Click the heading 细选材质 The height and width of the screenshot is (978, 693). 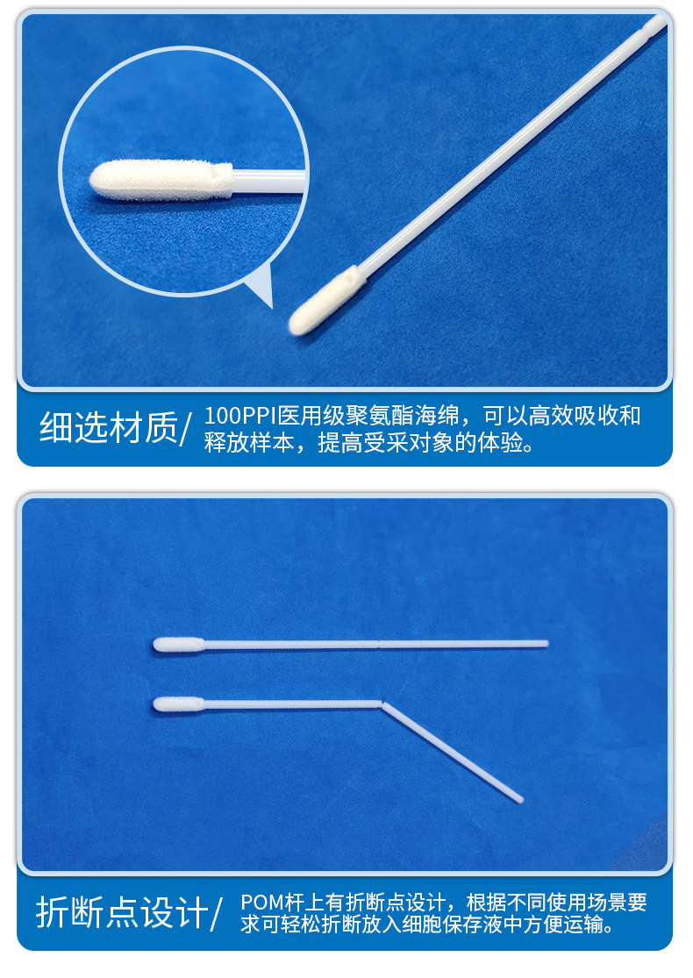[x=108, y=428]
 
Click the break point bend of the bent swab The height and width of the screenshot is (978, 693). [x=382, y=703]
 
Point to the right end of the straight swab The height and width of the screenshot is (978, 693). [x=546, y=644]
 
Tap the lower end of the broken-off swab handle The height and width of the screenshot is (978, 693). [x=519, y=799]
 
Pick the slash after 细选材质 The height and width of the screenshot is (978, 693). [x=185, y=429]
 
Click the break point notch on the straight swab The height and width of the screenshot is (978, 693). [x=377, y=645]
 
